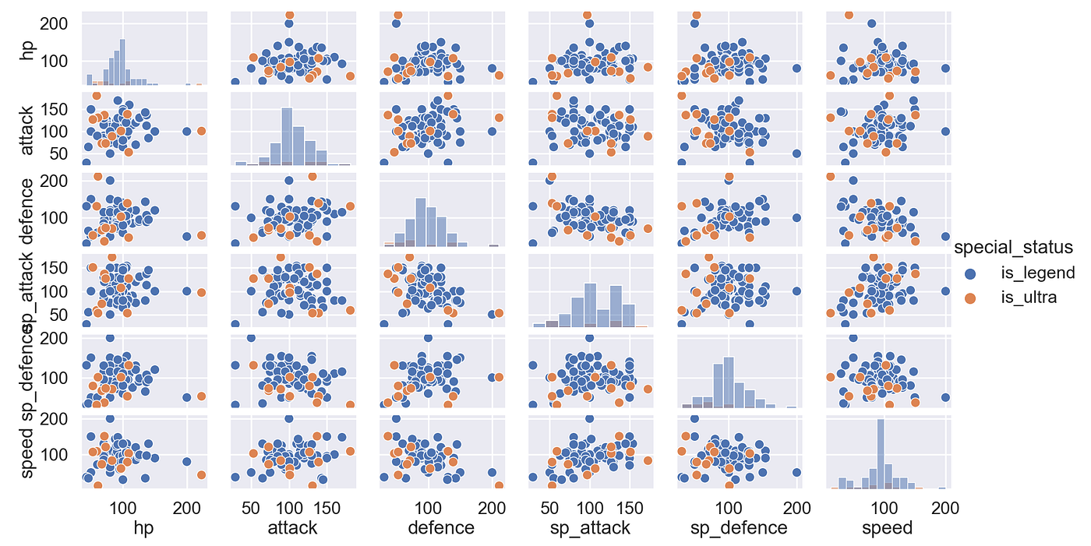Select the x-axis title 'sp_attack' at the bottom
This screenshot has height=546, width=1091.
click(x=589, y=528)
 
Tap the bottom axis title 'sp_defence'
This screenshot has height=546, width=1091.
click(x=739, y=528)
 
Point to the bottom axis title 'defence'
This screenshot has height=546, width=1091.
click(x=440, y=528)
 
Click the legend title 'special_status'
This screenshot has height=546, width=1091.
click(x=1014, y=247)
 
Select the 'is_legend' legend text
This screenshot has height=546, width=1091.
click(x=1037, y=273)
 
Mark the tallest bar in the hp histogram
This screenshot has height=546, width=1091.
click(x=122, y=62)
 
